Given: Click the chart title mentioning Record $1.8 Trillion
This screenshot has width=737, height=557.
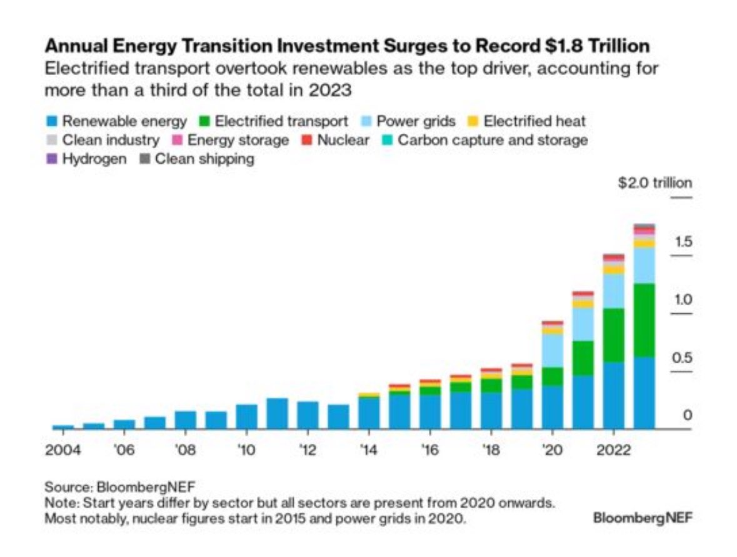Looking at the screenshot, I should coord(346,46).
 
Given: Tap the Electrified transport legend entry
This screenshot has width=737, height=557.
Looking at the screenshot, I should coord(274,121).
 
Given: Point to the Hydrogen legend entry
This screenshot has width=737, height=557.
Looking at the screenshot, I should coord(87,159).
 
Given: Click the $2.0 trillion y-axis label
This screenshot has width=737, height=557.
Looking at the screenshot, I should coord(654,183).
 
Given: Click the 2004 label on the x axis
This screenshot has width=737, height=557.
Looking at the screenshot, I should coord(63,451).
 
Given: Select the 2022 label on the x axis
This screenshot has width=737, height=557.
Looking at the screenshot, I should coord(613,451).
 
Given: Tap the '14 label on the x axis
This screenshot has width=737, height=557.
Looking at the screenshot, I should coord(369,451).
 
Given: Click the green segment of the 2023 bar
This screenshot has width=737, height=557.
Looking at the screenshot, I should coord(644,320).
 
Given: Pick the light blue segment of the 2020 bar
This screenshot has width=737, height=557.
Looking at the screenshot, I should coord(552,350).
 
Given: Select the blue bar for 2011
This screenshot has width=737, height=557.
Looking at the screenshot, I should coord(277,413).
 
